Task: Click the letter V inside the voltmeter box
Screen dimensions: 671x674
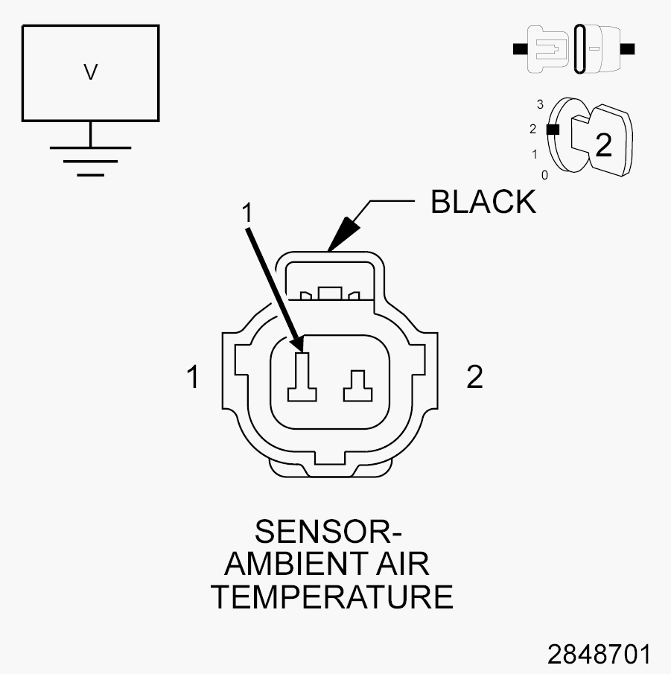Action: tap(90, 72)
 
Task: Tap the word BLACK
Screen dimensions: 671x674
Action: tap(483, 202)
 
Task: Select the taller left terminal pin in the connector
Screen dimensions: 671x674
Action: tap(302, 378)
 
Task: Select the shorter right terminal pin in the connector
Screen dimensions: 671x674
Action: tap(357, 386)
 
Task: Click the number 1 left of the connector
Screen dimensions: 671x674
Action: tap(193, 377)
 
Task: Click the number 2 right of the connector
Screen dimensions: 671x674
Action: tap(474, 377)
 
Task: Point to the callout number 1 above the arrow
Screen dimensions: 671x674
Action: tap(247, 212)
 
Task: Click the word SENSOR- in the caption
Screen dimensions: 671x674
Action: tap(328, 532)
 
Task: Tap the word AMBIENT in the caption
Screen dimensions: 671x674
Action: tap(296, 564)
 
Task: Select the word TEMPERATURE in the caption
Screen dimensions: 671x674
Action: tap(333, 597)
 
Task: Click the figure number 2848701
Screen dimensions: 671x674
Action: tap(600, 654)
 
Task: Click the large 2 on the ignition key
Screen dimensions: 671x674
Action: tap(604, 145)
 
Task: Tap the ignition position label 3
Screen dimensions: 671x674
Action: tap(540, 104)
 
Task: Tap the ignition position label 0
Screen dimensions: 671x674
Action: tap(544, 175)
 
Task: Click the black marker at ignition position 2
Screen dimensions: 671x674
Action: tap(553, 130)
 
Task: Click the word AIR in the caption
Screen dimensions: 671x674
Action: tap(403, 564)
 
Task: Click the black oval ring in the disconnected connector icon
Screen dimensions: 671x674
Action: tap(579, 48)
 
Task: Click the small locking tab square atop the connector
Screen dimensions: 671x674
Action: tap(330, 293)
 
